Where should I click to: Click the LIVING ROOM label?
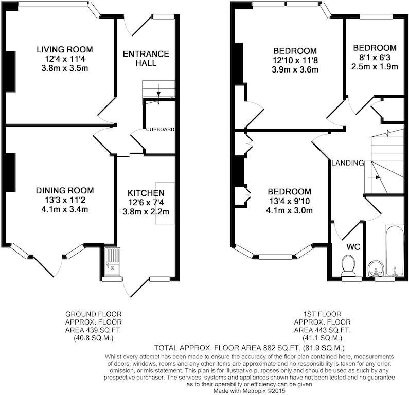[65, 49]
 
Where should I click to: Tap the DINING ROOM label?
[65, 191]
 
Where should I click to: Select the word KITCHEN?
[146, 193]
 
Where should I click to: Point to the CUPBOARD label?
[160, 129]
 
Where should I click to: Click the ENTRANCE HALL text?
[146, 59]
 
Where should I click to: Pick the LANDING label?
[348, 163]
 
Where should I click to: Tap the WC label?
[353, 247]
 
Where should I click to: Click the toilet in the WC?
[348, 265]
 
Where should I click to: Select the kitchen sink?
[112, 261]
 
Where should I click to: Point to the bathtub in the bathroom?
[394, 250]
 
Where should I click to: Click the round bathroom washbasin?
[376, 268]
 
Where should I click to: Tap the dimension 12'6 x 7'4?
[146, 202]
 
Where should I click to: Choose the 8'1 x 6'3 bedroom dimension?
[375, 58]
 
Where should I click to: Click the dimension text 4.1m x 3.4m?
[65, 209]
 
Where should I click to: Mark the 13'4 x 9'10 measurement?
[289, 201]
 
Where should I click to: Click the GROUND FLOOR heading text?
[94, 314]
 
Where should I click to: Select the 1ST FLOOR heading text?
[323, 314]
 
